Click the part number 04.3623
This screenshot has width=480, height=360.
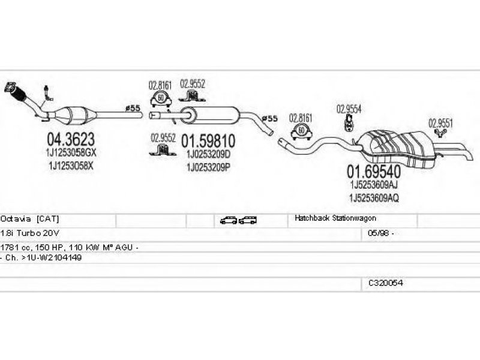(71, 139)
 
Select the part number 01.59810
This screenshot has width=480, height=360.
(208, 141)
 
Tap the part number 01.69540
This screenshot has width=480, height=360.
(374, 172)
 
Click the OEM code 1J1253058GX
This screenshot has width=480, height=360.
(71, 152)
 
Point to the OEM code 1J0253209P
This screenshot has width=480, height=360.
(208, 167)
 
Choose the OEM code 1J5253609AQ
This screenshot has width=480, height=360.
(374, 198)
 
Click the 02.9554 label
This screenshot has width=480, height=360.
(349, 109)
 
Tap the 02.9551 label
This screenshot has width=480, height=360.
(440, 123)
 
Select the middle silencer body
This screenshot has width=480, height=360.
(209, 115)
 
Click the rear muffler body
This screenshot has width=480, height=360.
(397, 149)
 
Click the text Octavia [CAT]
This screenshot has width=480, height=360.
(29, 219)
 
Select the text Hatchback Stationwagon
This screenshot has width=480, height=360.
(335, 218)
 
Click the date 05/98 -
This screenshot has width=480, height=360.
(381, 233)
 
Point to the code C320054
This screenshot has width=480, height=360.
(385, 283)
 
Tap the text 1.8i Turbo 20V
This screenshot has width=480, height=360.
(29, 233)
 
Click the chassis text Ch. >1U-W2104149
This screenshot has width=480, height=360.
(43, 257)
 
